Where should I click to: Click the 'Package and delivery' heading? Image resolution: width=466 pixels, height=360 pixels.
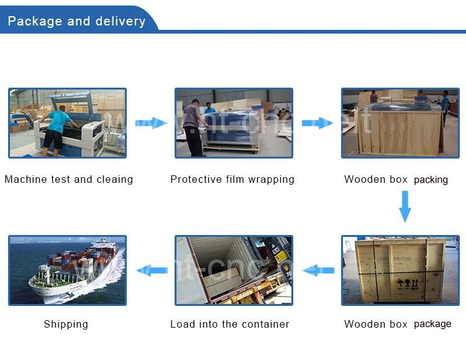pos(76,21)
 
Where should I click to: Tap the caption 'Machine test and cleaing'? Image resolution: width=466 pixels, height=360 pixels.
pos(69,179)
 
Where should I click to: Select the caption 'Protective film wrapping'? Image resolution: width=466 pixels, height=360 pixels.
pos(232,179)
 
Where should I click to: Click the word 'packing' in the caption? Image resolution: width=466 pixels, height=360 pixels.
pos(431,180)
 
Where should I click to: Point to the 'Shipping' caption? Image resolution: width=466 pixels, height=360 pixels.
pos(66,324)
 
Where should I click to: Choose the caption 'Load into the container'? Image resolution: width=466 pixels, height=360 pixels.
pos(230,324)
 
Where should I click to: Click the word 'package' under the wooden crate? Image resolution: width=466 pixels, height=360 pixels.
pos(432,324)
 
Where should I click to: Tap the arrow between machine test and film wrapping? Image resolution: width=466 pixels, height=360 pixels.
pos(151,123)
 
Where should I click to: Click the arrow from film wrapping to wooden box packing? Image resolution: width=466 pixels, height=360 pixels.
pos(318,123)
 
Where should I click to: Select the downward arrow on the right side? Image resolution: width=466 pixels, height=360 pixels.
pos(405,206)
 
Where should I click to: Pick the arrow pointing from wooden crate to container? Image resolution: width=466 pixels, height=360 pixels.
pos(318,270)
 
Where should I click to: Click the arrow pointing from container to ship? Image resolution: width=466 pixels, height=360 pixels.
pos(152,270)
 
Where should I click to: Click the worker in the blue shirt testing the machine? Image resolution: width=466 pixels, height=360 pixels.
pos(59,124)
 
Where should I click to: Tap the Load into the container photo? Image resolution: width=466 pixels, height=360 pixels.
pos(234,270)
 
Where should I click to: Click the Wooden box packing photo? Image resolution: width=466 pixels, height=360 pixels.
pos(400,123)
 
